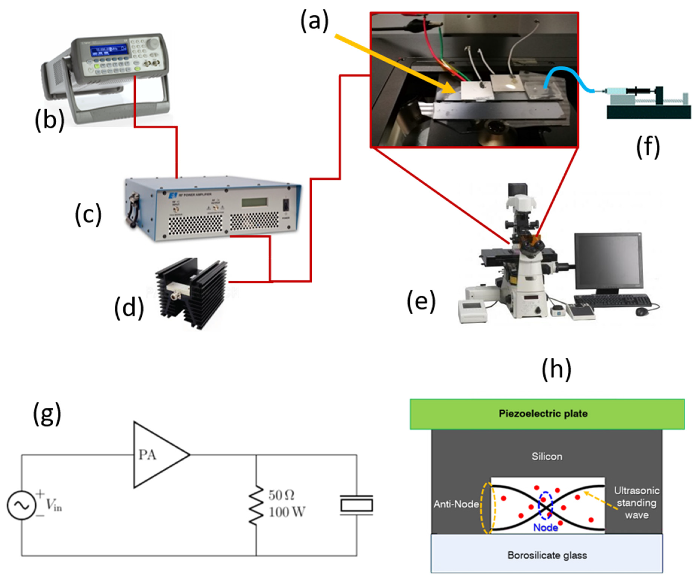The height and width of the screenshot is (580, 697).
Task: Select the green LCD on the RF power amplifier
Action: coord(255,202)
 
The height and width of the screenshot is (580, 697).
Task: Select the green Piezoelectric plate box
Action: coord(547,414)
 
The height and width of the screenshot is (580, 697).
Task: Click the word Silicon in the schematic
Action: coord(547,456)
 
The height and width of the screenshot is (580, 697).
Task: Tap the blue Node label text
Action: coord(545,528)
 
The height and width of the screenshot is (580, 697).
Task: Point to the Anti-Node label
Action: coord(456,504)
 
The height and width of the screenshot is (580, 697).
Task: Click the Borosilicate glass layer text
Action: coord(547,555)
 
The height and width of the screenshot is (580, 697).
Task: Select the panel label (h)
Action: coord(557,369)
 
